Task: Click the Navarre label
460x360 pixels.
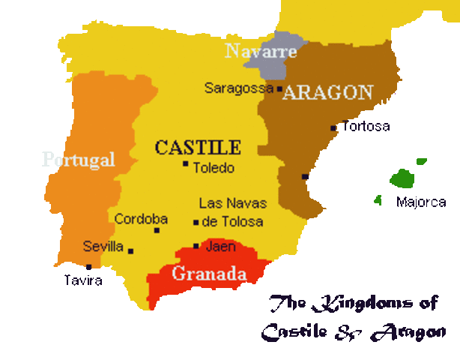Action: pos(261,52)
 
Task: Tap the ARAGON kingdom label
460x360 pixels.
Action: pos(327,92)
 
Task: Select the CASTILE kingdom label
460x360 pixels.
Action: pos(198,147)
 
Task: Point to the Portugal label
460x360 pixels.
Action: pos(79,159)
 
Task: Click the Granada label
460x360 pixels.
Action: pos(209,274)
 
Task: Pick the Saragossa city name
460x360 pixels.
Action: pos(238,88)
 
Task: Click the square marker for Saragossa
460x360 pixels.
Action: pos(279,88)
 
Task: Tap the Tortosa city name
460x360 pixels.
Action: pos(366,126)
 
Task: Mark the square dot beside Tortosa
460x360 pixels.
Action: pos(333,128)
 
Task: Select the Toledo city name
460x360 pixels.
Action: pos(214,168)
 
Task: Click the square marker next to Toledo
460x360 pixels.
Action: pos(185,163)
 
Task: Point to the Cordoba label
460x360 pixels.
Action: pos(141,219)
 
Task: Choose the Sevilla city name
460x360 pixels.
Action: pos(103,246)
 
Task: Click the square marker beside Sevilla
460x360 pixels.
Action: pos(130,251)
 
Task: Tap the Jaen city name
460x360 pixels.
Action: pos(220,245)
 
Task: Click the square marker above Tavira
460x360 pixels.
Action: pos(88,266)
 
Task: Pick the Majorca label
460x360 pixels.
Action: pos(421,202)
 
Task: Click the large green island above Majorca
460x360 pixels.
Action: pos(402,178)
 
